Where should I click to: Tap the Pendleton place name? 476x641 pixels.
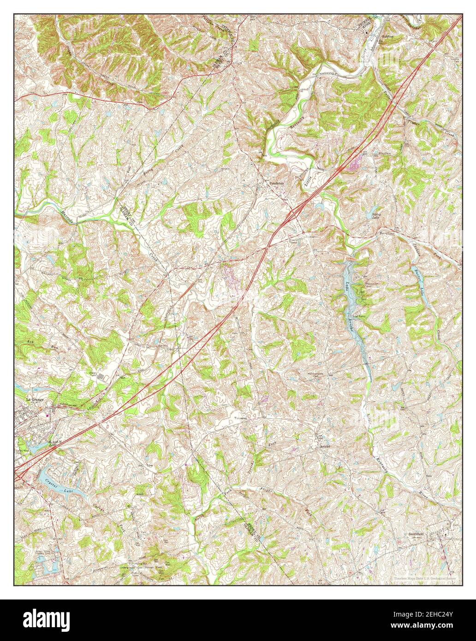(x=277, y=183)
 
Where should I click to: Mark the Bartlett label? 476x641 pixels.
(x=387, y=234)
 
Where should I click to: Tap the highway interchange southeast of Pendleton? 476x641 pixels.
(x=293, y=214)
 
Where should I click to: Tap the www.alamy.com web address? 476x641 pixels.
(x=428, y=624)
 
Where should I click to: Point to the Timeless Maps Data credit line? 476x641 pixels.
(x=424, y=578)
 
